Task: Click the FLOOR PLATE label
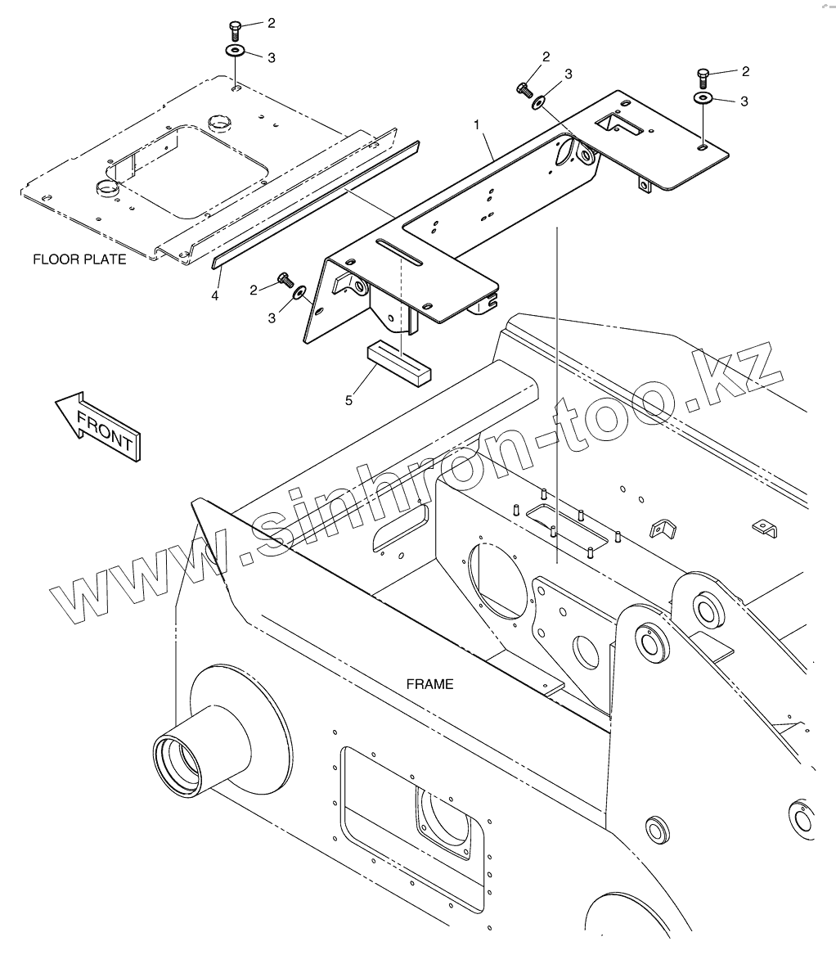click(x=79, y=259)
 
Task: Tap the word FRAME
click(x=429, y=684)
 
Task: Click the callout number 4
click(x=215, y=295)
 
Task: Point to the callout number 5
click(x=349, y=400)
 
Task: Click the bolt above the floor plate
click(x=234, y=29)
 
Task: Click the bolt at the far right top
click(x=703, y=77)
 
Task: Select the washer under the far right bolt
click(x=703, y=98)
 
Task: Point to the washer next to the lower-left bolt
click(x=300, y=291)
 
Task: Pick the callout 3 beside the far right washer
click(x=744, y=101)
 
